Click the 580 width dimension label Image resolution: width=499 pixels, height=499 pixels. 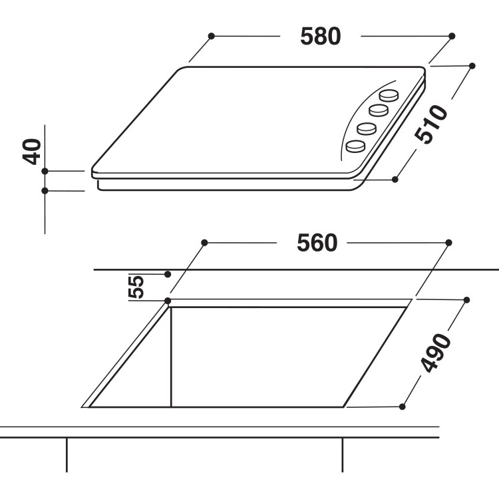(x=320, y=36)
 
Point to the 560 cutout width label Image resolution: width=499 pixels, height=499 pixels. (x=317, y=244)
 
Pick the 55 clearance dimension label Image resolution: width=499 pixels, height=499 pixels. (x=136, y=287)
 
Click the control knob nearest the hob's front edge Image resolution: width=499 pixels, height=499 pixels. (x=357, y=144)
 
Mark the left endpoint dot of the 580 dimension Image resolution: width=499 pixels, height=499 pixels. (x=211, y=35)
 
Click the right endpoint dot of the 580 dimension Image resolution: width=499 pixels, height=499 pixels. (x=452, y=35)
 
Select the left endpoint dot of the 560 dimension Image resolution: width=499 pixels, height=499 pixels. (x=204, y=243)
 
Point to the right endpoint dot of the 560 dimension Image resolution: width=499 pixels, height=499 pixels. (x=449, y=243)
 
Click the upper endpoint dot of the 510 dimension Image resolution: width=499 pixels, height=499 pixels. (x=472, y=65)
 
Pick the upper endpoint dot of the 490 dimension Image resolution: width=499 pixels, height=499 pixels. (x=466, y=299)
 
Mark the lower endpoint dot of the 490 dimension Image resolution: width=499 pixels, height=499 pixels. (x=403, y=405)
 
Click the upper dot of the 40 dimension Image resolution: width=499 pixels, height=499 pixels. (x=45, y=171)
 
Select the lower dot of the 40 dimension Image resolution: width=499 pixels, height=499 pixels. (x=45, y=191)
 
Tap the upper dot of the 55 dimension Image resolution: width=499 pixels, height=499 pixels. (x=168, y=273)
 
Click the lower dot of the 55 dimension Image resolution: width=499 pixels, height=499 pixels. (x=168, y=301)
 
